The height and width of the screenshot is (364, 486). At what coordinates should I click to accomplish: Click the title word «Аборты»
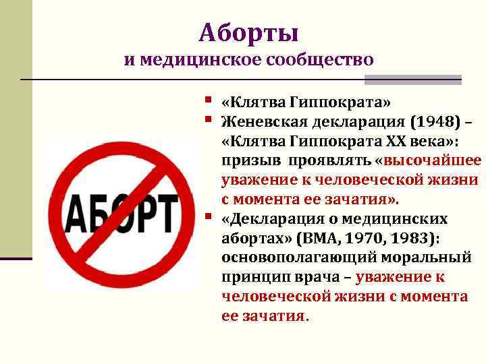(x=249, y=32)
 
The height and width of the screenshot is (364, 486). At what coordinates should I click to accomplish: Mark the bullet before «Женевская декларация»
(x=212, y=121)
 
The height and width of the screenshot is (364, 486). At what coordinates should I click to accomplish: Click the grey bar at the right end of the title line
(x=412, y=80)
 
